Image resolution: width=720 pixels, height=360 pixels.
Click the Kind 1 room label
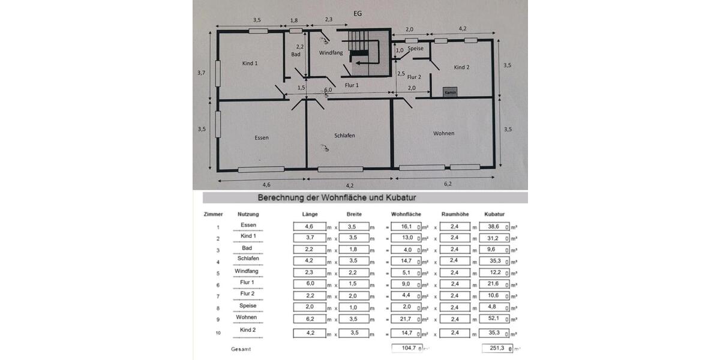click(x=250, y=63)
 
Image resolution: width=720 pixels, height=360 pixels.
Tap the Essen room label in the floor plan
click(x=262, y=137)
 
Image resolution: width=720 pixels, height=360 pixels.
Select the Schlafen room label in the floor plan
click(x=344, y=136)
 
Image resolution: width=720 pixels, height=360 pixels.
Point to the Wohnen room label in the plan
click(x=443, y=133)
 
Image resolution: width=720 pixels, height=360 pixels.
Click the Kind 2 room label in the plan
click(x=461, y=67)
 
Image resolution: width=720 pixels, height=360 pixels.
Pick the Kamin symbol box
click(x=451, y=92)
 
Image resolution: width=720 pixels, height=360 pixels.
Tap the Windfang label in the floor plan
click(x=331, y=53)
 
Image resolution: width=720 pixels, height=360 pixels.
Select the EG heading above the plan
click(x=358, y=13)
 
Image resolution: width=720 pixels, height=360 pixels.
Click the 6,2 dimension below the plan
click(x=448, y=184)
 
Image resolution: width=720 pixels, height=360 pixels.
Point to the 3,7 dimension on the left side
click(x=201, y=72)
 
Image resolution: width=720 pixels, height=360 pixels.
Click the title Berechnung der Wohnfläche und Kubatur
click(x=337, y=197)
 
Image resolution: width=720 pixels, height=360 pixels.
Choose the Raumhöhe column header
click(x=454, y=214)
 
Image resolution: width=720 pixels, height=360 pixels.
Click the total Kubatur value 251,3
click(x=494, y=348)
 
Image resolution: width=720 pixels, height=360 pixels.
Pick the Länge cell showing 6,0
click(x=309, y=283)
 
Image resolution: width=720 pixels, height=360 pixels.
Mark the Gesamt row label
click(x=241, y=348)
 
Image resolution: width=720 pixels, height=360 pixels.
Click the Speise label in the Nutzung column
click(x=248, y=305)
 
